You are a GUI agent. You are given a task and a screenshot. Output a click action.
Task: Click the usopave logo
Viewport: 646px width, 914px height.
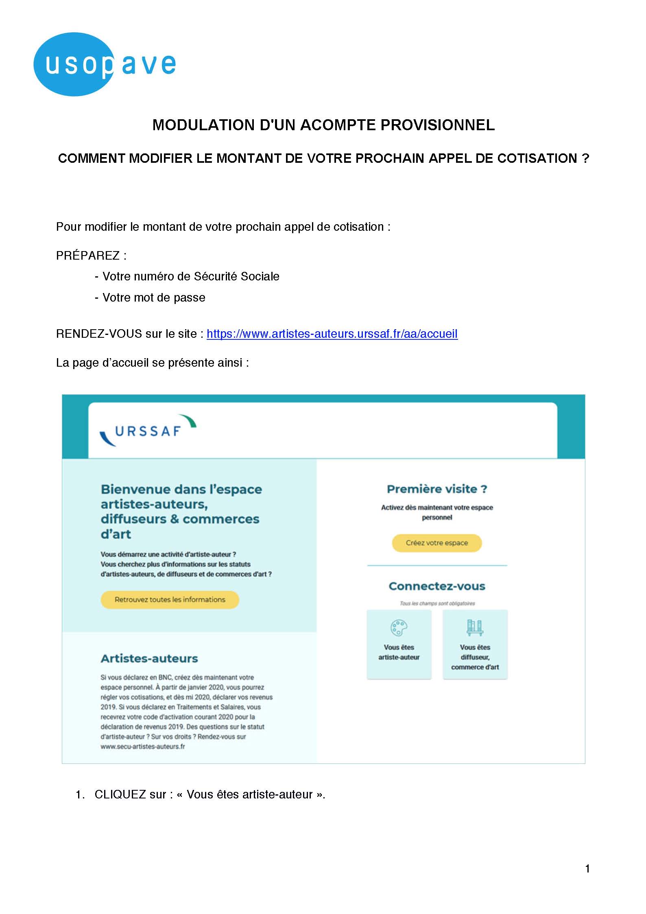pyautogui.click(x=105, y=64)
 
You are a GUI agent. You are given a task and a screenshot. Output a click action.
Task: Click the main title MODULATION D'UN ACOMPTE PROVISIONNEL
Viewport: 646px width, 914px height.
pyautogui.click(x=323, y=125)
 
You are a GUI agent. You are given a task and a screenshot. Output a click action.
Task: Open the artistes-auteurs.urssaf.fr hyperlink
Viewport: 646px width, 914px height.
pyautogui.click(x=332, y=334)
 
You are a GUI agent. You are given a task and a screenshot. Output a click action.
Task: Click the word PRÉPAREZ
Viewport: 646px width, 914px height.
pyautogui.click(x=88, y=256)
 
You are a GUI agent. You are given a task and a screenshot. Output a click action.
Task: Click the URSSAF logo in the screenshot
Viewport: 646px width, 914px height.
pyautogui.click(x=148, y=431)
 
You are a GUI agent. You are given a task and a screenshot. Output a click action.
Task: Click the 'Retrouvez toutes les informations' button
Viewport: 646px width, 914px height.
pyautogui.click(x=170, y=599)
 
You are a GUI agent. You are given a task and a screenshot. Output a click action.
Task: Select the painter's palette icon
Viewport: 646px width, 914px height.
pyautogui.click(x=399, y=628)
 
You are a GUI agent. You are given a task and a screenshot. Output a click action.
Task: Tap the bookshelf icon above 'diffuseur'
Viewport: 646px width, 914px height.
pyautogui.click(x=475, y=628)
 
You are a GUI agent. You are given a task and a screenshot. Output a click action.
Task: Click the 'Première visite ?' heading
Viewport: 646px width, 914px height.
pyautogui.click(x=437, y=489)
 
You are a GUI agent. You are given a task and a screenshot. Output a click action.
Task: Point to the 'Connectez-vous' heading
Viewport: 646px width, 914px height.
pyautogui.click(x=437, y=586)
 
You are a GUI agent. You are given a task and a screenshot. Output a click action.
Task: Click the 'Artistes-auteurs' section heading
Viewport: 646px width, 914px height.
pyautogui.click(x=149, y=658)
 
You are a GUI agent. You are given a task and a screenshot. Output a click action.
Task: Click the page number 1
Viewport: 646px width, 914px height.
pyautogui.click(x=587, y=869)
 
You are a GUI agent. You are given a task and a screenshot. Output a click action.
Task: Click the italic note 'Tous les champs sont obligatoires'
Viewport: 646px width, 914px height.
pyautogui.click(x=437, y=604)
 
